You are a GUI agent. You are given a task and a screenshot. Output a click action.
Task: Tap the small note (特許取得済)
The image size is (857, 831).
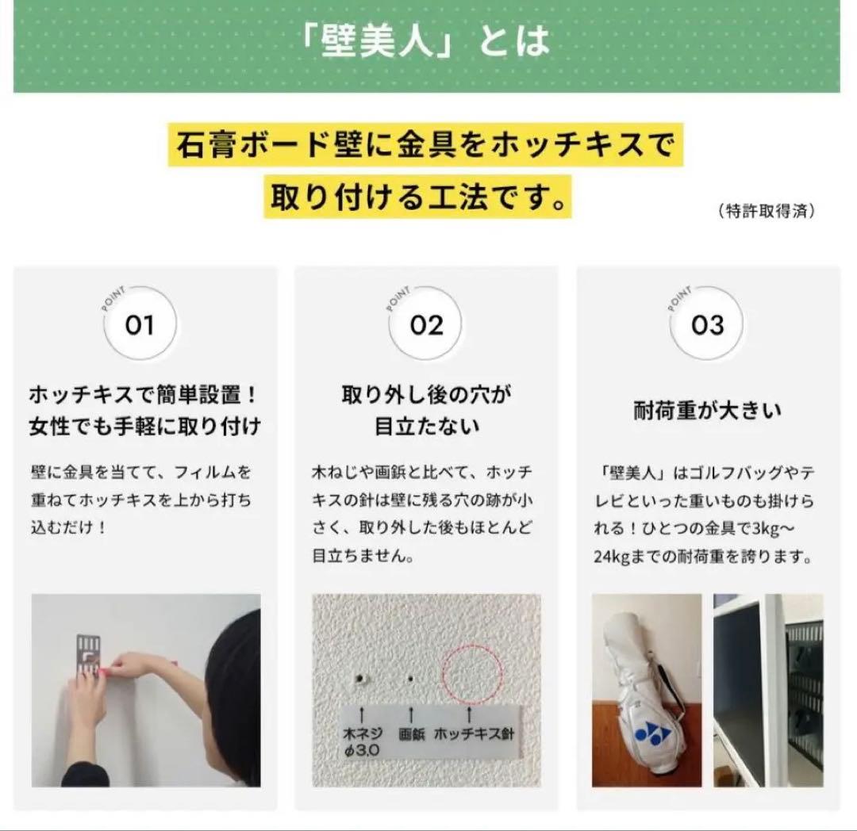(x=767, y=210)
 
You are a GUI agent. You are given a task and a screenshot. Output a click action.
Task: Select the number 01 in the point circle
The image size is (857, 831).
(x=140, y=325)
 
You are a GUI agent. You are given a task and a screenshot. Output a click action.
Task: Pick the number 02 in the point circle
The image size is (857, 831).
(x=426, y=325)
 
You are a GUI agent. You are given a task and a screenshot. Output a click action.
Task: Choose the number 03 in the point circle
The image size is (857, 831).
(x=708, y=325)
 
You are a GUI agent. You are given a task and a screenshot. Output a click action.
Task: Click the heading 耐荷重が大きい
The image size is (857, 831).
(x=708, y=411)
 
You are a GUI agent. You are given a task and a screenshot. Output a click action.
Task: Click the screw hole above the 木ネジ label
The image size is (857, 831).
(x=361, y=679)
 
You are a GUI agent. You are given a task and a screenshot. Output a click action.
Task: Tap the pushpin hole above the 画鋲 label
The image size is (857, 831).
(x=411, y=679)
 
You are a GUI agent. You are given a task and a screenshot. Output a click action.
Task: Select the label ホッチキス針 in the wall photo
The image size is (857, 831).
(x=475, y=733)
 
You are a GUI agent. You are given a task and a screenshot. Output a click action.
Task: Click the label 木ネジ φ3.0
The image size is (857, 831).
(x=363, y=741)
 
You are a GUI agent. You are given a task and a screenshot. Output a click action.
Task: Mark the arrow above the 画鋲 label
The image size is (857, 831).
(x=411, y=715)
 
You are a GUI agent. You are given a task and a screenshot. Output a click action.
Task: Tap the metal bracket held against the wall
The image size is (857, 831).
(x=88, y=658)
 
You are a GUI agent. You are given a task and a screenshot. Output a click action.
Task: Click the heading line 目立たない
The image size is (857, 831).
(x=426, y=427)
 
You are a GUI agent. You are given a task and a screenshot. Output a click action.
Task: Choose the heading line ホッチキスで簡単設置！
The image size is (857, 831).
(x=143, y=394)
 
